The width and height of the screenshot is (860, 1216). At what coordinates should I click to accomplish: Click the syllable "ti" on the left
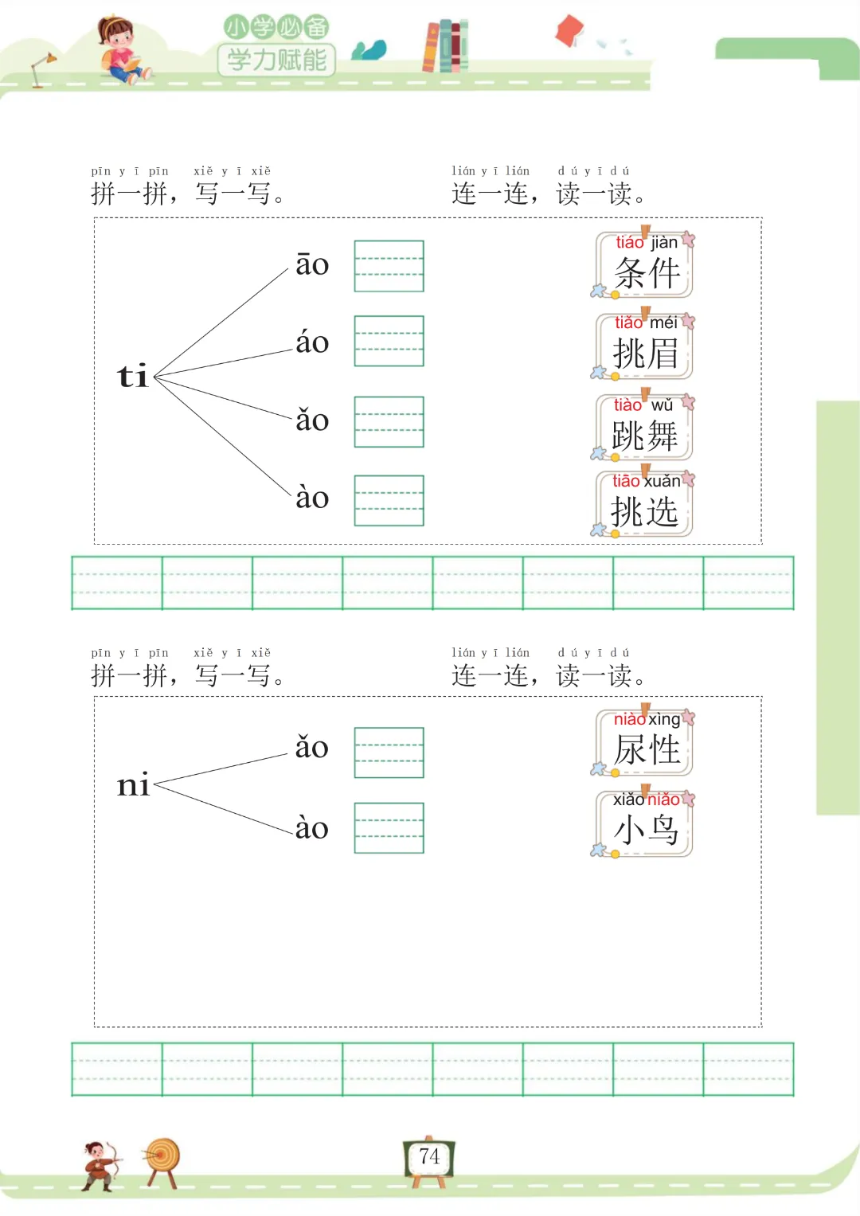tap(133, 376)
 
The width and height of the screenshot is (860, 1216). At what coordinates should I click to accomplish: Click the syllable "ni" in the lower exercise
tap(133, 785)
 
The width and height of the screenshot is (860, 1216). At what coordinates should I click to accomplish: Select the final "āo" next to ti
tap(312, 264)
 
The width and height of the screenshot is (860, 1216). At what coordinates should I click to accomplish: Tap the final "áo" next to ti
tap(312, 342)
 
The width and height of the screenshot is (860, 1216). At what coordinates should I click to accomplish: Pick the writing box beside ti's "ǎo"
tap(389, 422)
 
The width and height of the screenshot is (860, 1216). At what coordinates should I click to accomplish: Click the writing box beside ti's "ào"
tap(389, 501)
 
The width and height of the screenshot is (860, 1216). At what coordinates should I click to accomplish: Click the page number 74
tap(429, 1157)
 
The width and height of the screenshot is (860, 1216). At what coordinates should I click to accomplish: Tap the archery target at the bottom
tap(163, 1160)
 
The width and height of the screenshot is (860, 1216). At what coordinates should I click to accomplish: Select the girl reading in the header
tap(120, 49)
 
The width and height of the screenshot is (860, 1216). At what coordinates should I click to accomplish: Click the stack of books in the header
tap(445, 46)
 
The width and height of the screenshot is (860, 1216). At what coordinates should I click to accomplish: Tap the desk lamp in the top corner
tap(42, 68)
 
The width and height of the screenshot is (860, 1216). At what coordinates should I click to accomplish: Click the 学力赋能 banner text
tap(276, 60)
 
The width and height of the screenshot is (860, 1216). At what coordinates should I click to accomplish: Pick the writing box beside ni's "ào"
tap(389, 828)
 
